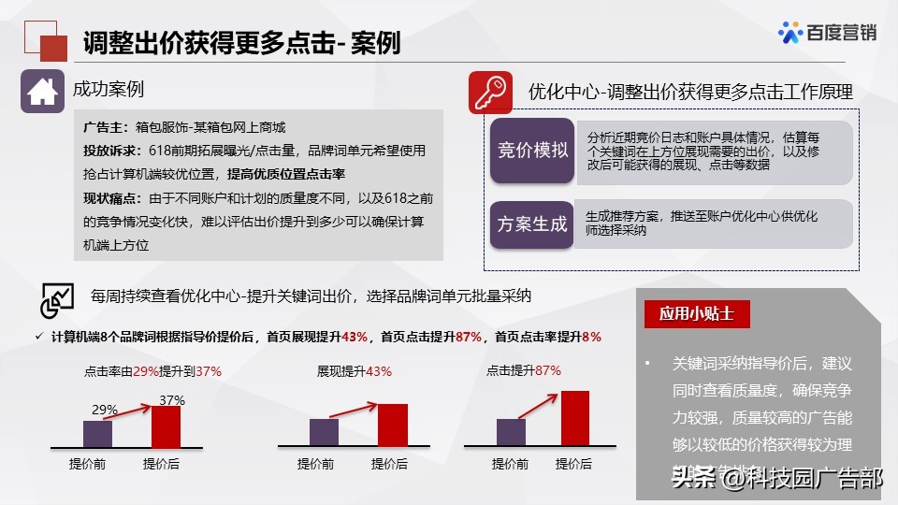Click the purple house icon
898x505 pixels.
[x=42, y=92]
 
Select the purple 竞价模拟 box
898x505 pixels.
[x=531, y=151]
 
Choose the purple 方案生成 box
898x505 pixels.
[x=531, y=224]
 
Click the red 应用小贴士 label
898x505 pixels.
[x=697, y=314]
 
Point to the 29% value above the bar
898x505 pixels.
[x=104, y=410]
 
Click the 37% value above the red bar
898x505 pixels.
[x=172, y=400]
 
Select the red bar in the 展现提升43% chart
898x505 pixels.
[x=393, y=425]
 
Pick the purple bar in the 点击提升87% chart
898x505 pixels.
[x=511, y=431]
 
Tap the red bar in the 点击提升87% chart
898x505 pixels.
[x=574, y=418]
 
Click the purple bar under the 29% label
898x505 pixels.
[x=97, y=433]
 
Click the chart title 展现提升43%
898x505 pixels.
[x=355, y=371]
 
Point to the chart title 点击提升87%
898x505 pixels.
[x=524, y=370]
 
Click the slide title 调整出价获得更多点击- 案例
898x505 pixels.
[x=241, y=42]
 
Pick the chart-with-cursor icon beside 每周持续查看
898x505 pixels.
[x=56, y=298]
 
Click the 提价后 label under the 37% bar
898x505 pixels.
[x=161, y=464]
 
